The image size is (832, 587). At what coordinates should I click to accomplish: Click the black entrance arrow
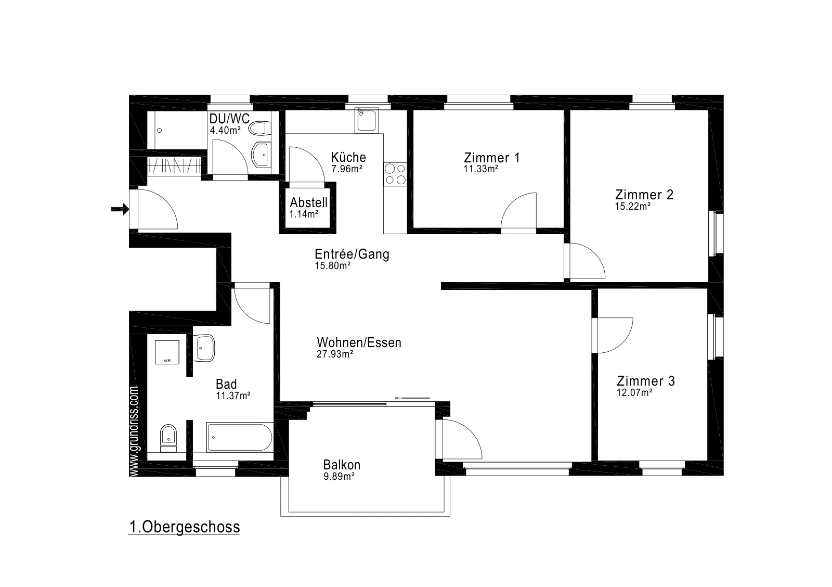pos(120,209)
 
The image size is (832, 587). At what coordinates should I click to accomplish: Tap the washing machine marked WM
pos(167,352)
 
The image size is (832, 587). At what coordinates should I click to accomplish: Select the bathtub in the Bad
pos(240,437)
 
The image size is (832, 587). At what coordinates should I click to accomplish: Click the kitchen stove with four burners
pos(395,174)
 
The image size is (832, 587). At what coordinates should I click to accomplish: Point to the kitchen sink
pos(366,120)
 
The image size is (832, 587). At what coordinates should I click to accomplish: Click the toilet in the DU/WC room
pos(260,129)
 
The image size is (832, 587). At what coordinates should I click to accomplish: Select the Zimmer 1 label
pos(492,158)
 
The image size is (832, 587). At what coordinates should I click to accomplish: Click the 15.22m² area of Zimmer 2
pos(632,206)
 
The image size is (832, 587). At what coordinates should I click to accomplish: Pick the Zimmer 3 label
pos(645,381)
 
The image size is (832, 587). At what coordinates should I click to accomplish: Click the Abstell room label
pos(309,202)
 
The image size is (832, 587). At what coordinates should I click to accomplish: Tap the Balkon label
pos(342,465)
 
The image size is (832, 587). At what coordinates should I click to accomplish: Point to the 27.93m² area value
pos(335,354)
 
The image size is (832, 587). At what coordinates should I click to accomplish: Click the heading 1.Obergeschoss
pos(185,527)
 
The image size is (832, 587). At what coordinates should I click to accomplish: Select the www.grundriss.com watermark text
pos(134,431)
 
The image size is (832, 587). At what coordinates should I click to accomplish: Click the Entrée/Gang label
pos(352,254)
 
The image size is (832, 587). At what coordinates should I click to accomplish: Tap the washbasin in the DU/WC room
pos(261,155)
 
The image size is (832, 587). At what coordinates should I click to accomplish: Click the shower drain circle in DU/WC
pos(159,131)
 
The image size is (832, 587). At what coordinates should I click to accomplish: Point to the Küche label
pos(348,157)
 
